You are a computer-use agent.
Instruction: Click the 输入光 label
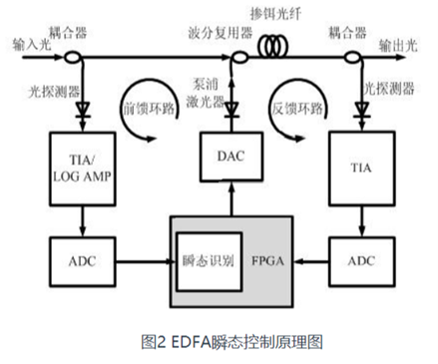[34, 45]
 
